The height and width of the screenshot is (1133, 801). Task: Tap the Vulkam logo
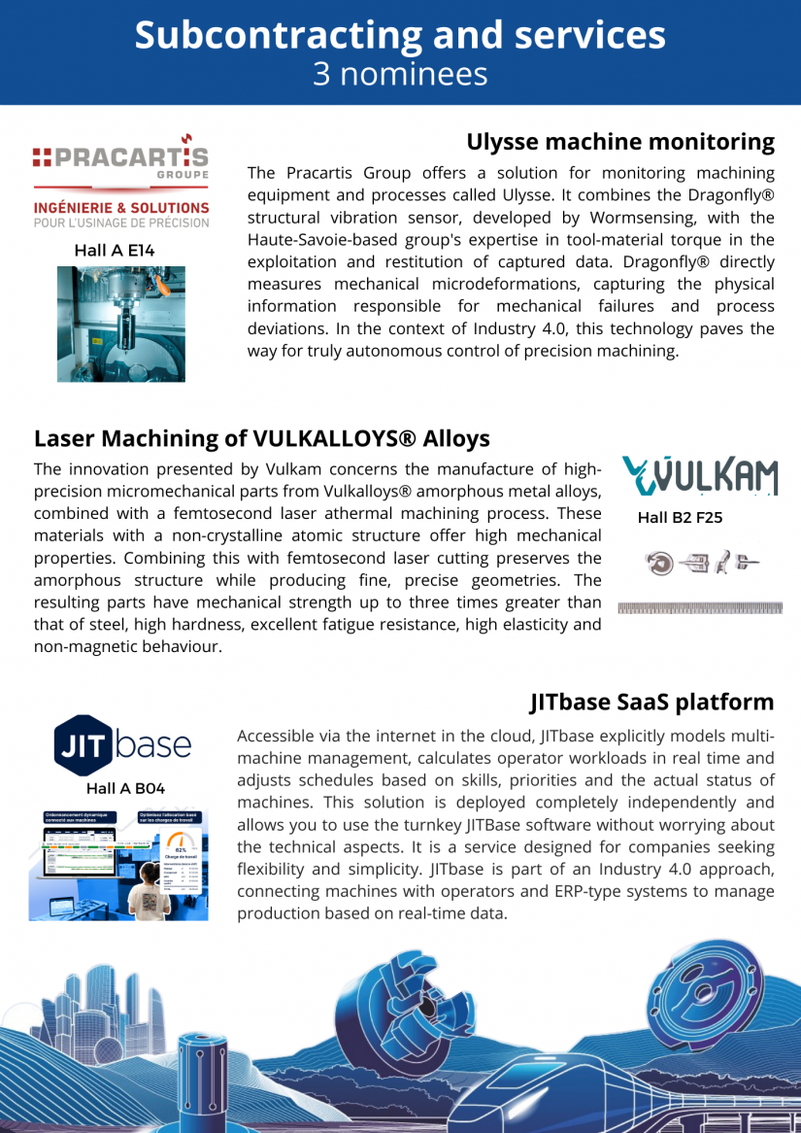pyautogui.click(x=700, y=476)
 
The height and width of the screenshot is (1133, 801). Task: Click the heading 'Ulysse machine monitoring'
pyautogui.click(x=620, y=142)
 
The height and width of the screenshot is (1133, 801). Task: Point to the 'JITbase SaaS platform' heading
pyautogui.click(x=651, y=702)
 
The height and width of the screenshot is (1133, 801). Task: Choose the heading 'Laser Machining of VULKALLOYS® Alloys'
pyautogui.click(x=262, y=438)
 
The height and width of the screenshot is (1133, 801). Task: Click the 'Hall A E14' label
pyautogui.click(x=115, y=251)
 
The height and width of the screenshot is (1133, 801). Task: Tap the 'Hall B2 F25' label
pyautogui.click(x=680, y=518)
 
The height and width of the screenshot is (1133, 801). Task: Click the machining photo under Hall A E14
pyautogui.click(x=120, y=324)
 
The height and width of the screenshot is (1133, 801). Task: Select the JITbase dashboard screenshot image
pyautogui.click(x=118, y=864)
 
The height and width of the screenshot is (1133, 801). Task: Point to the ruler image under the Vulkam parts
pyautogui.click(x=700, y=608)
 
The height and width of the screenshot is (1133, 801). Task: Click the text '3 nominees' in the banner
pyautogui.click(x=400, y=74)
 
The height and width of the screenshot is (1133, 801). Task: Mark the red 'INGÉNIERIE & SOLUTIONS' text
pyautogui.click(x=121, y=207)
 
